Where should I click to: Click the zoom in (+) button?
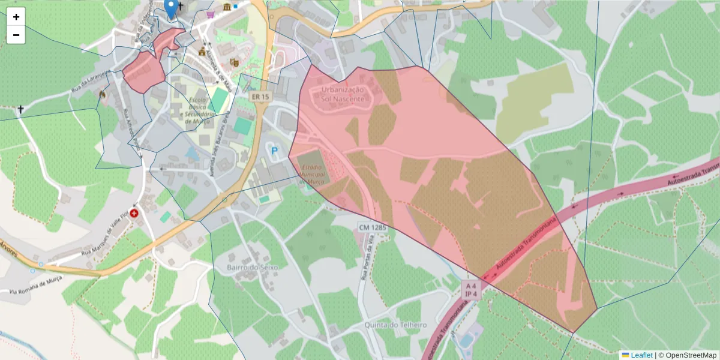click(16, 17)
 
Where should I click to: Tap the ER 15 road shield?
click(260, 97)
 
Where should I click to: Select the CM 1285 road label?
click(373, 227)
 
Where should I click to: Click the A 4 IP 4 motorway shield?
click(471, 290)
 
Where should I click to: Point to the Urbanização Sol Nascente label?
click(343, 94)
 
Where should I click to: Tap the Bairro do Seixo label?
click(253, 266)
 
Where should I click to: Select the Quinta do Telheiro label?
click(395, 325)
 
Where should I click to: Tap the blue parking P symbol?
click(275, 151)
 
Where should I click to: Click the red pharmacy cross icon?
click(134, 212)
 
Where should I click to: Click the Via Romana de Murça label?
click(37, 287)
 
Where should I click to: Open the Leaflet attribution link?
click(641, 355)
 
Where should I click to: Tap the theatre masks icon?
click(234, 62)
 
